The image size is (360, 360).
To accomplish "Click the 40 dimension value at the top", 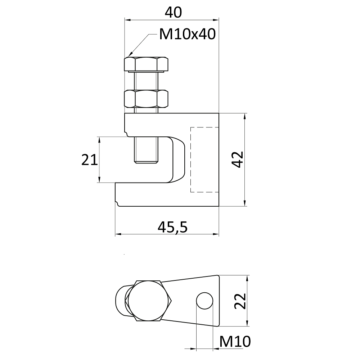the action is click(x=174, y=12).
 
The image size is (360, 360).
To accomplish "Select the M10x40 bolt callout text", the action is click(x=188, y=34).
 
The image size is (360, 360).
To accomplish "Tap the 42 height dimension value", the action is click(x=238, y=159).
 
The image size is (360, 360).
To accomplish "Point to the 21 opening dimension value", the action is click(x=90, y=160).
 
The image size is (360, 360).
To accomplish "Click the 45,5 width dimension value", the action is click(x=173, y=227).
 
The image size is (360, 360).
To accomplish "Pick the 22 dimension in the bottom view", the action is click(x=240, y=301).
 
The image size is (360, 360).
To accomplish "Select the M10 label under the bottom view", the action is click(x=235, y=342).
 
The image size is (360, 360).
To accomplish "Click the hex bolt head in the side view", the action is click(x=146, y=64).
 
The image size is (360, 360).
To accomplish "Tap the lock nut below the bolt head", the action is click(x=146, y=99).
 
